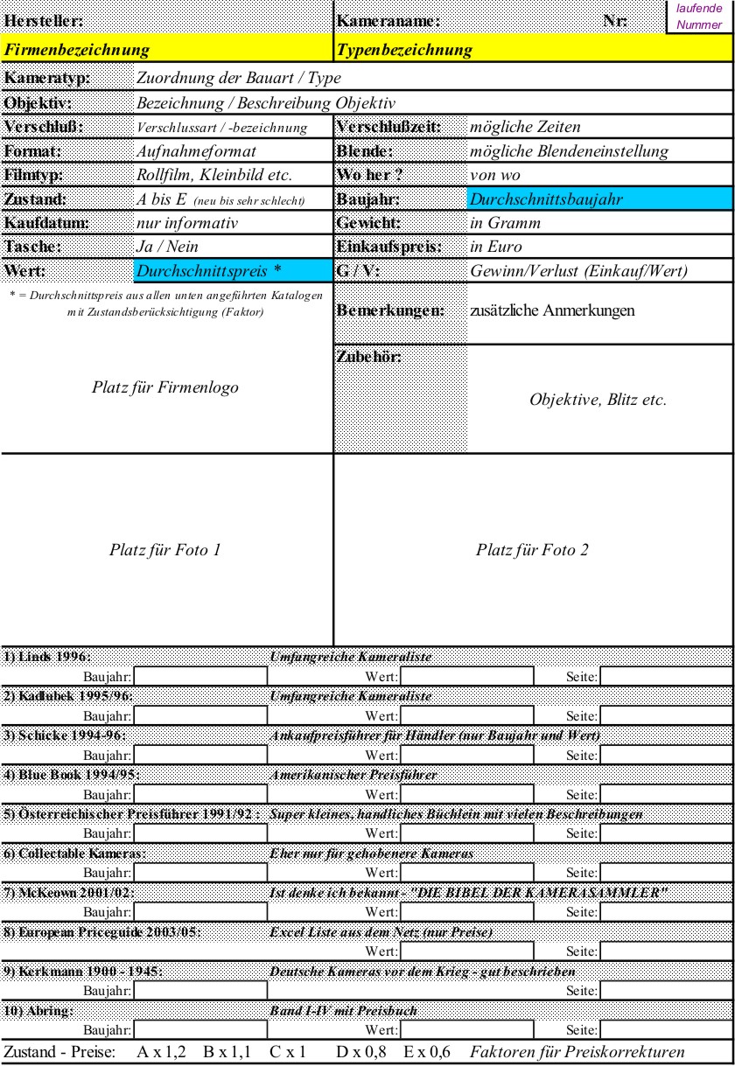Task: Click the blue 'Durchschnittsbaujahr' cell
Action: (x=599, y=199)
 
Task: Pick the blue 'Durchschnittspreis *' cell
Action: (x=234, y=271)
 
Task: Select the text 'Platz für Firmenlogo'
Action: (x=165, y=387)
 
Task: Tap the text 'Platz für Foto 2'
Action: (x=532, y=550)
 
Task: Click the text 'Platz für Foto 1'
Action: (x=165, y=550)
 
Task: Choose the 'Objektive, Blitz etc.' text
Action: (x=598, y=400)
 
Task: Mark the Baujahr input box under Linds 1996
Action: (x=200, y=675)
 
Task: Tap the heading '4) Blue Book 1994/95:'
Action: (x=72, y=775)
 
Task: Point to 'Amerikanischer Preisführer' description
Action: (x=353, y=775)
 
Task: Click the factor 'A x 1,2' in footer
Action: (x=162, y=1051)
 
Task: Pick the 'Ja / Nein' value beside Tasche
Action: (x=168, y=247)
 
